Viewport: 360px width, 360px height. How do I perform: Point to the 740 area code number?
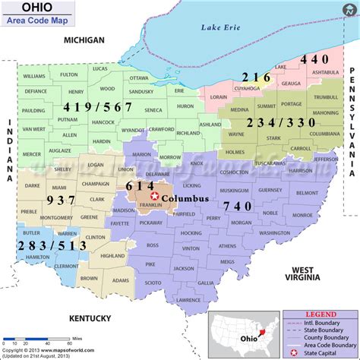point(238,207)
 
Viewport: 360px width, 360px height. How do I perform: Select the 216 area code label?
point(254,76)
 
